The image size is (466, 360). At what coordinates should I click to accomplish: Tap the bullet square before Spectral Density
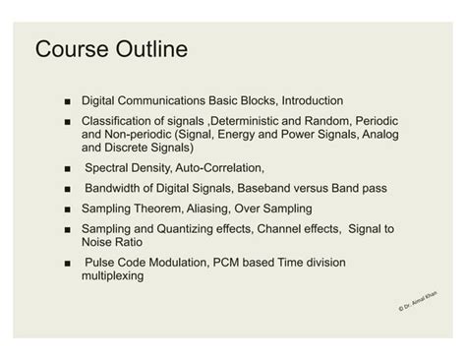[65, 166]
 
